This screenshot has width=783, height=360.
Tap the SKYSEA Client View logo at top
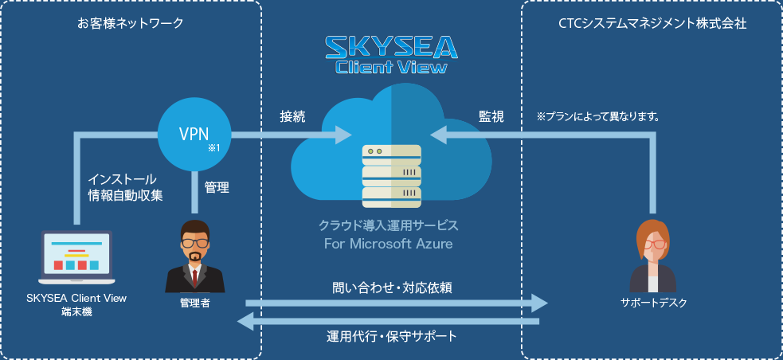click(x=391, y=54)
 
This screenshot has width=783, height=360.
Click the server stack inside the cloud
click(x=392, y=174)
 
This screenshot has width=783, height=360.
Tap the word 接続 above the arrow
click(x=292, y=116)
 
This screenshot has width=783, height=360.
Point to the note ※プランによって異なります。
click(x=597, y=116)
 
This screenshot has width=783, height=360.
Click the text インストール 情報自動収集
click(x=125, y=187)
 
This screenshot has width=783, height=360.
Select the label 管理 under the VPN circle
click(x=217, y=188)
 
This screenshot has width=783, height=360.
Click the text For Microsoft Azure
click(x=389, y=243)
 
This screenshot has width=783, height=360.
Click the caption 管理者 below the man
click(x=194, y=303)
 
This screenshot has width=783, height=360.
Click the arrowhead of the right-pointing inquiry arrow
click(x=539, y=303)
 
